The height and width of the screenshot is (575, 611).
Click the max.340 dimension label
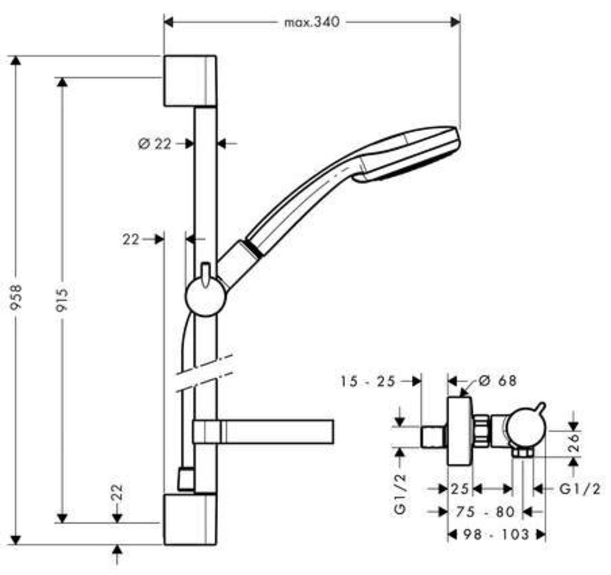pyautogui.click(x=312, y=22)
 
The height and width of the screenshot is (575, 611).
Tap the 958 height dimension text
pyautogui.click(x=16, y=297)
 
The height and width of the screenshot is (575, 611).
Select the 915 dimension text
pyautogui.click(x=62, y=300)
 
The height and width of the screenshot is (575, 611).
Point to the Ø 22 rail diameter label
pyautogui.click(x=155, y=143)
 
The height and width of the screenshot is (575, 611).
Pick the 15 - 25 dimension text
pyautogui.click(x=368, y=381)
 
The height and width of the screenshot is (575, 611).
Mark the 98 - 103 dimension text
pyautogui.click(x=496, y=534)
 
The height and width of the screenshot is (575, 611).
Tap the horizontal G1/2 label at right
pyautogui.click(x=580, y=489)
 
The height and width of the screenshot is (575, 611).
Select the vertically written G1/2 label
pyautogui.click(x=400, y=494)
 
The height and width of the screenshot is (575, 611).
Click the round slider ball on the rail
pyautogui.click(x=206, y=296)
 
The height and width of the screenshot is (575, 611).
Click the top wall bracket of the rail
pyautogui.click(x=190, y=81)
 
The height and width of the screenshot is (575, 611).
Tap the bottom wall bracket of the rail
pyautogui.click(x=190, y=519)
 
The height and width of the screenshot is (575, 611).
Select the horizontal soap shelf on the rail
pyautogui.click(x=263, y=432)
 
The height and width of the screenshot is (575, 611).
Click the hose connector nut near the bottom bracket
pyautogui.click(x=186, y=479)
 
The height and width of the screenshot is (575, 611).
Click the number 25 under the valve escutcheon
pyautogui.click(x=460, y=489)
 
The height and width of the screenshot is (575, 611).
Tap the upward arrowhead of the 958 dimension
pyautogui.click(x=16, y=61)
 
